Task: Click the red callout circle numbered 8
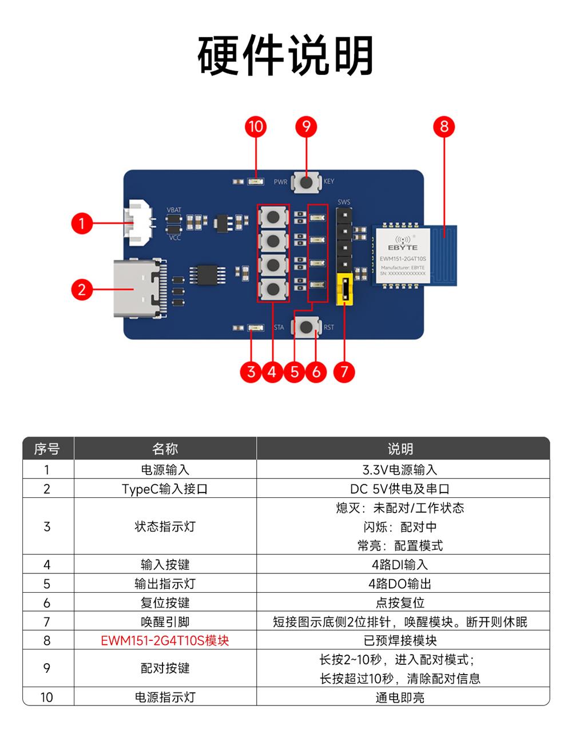click(444, 126)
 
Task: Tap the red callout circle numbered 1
click(82, 223)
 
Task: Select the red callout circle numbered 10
click(256, 126)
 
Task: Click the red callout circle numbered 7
click(344, 372)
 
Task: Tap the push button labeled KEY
click(307, 183)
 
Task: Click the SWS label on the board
click(344, 202)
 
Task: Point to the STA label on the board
click(279, 328)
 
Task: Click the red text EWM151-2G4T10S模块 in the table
click(165, 640)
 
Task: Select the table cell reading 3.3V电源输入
click(400, 470)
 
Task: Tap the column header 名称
click(165, 449)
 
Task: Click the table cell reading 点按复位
click(400, 603)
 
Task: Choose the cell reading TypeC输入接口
click(165, 489)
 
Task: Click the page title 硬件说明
click(285, 56)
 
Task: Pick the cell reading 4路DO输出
click(400, 584)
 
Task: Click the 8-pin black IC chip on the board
click(207, 275)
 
